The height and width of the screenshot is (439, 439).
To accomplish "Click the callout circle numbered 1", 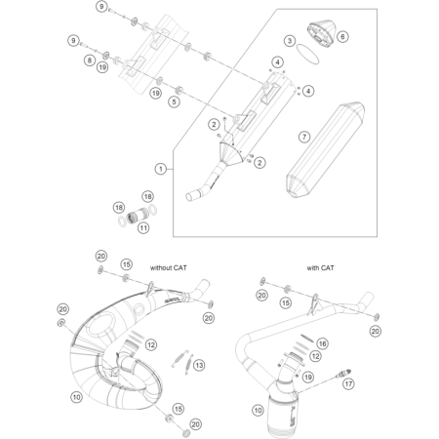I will pyautogui.click(x=160, y=169).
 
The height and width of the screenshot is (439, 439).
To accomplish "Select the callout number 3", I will pyautogui.click(x=289, y=41).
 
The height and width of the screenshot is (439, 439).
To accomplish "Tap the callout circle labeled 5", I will pyautogui.click(x=174, y=101).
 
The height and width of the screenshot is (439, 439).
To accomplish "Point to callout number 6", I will pyautogui.click(x=342, y=37).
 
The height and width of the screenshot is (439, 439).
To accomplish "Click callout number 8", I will pyautogui.click(x=89, y=60).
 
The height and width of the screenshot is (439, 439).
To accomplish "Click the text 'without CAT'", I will pyautogui.click(x=173, y=265).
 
